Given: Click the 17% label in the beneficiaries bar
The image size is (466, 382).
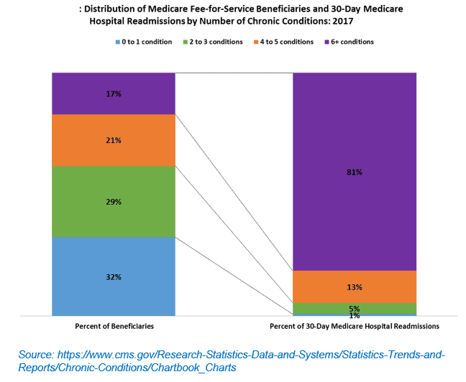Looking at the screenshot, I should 114,93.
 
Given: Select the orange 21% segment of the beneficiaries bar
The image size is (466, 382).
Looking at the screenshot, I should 114,140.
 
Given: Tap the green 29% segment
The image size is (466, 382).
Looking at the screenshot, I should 114,202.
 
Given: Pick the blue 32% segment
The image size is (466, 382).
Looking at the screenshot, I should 114,276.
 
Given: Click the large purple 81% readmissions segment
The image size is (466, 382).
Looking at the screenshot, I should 354,172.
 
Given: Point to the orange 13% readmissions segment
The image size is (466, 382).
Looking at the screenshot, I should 354,286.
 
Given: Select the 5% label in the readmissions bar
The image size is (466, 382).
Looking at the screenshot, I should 354,309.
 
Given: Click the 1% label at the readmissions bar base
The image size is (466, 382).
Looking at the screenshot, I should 354,315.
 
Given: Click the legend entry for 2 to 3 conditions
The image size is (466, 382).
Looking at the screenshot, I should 217,42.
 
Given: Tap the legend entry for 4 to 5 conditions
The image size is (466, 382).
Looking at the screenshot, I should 287,42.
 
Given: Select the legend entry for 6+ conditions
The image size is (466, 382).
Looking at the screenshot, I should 352,42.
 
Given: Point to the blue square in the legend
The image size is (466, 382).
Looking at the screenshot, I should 116,42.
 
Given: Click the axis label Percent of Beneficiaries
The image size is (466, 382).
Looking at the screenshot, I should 114,326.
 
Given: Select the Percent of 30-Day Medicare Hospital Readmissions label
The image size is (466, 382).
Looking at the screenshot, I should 355,326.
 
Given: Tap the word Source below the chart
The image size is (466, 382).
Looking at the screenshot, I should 38,355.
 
